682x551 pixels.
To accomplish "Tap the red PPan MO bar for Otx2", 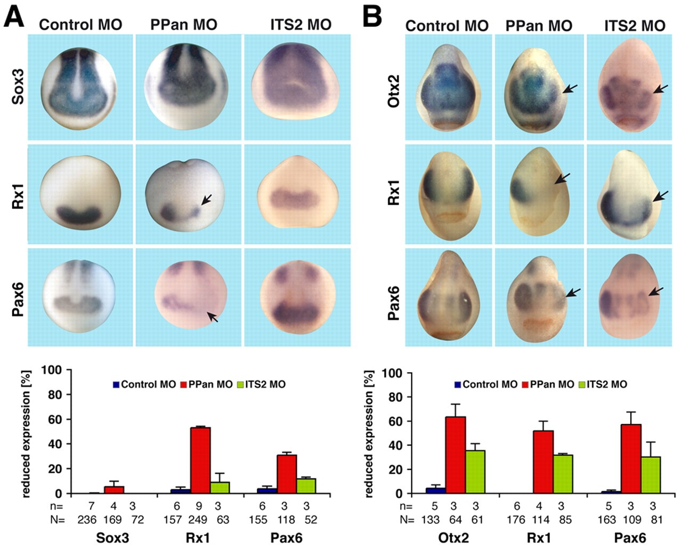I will click(455, 455).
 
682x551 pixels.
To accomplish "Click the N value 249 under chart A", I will click(201, 520).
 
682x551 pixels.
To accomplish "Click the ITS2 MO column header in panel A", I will click(301, 24).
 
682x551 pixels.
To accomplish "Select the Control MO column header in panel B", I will click(446, 26).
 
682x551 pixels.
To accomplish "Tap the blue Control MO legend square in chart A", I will click(116, 384).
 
